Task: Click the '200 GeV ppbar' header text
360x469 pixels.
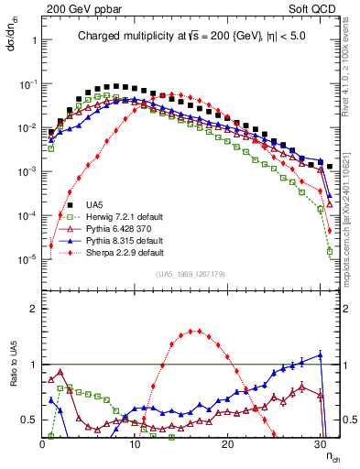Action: (75, 9)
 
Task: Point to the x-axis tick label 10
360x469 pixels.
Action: (136, 444)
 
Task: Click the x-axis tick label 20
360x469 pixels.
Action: (229, 444)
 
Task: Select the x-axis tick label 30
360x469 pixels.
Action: (322, 444)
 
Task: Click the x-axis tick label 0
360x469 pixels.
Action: (43, 444)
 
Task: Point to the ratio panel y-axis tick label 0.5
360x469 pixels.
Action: (27, 420)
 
